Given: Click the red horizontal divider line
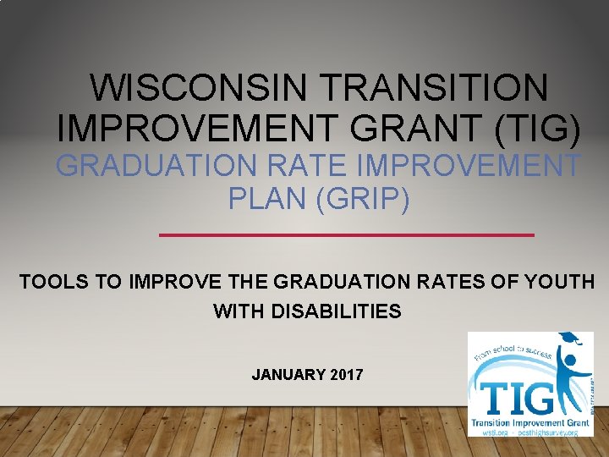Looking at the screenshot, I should coord(347,234).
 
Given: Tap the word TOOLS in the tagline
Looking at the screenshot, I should coord(55,282).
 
